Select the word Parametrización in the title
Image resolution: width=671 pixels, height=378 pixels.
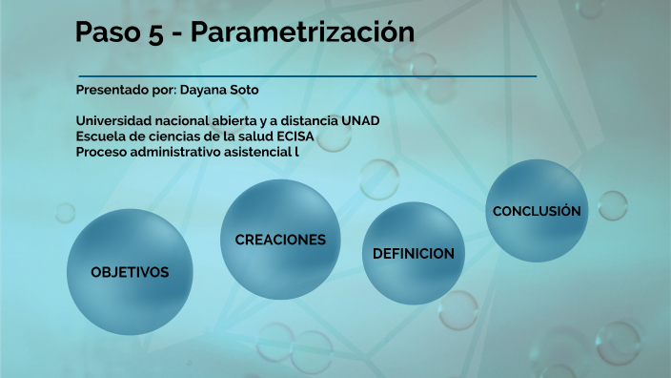coord(303,32)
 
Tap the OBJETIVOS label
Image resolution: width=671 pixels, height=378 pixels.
coord(130,273)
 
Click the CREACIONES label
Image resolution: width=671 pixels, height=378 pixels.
coord(280,240)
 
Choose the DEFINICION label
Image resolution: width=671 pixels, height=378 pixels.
coord(413,254)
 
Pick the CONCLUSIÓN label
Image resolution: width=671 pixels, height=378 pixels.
coord(537,211)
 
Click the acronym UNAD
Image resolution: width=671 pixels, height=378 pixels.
coord(361,121)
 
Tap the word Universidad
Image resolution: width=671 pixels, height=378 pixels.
coord(112,121)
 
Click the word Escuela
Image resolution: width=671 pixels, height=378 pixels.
coord(100,136)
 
